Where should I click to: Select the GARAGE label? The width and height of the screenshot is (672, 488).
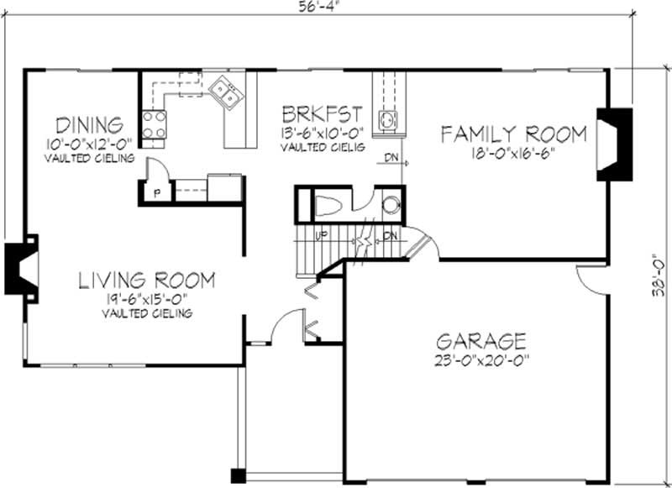coord(481,341)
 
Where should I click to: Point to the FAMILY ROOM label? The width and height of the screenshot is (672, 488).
coord(512,134)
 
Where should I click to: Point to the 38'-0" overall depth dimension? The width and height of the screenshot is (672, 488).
coord(659,276)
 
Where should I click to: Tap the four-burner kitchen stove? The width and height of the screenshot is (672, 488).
coord(153,126)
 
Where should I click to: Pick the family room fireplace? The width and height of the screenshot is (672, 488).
coord(614,143)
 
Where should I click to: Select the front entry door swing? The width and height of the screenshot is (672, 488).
coord(288,326)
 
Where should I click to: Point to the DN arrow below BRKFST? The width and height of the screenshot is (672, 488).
coord(392,159)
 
